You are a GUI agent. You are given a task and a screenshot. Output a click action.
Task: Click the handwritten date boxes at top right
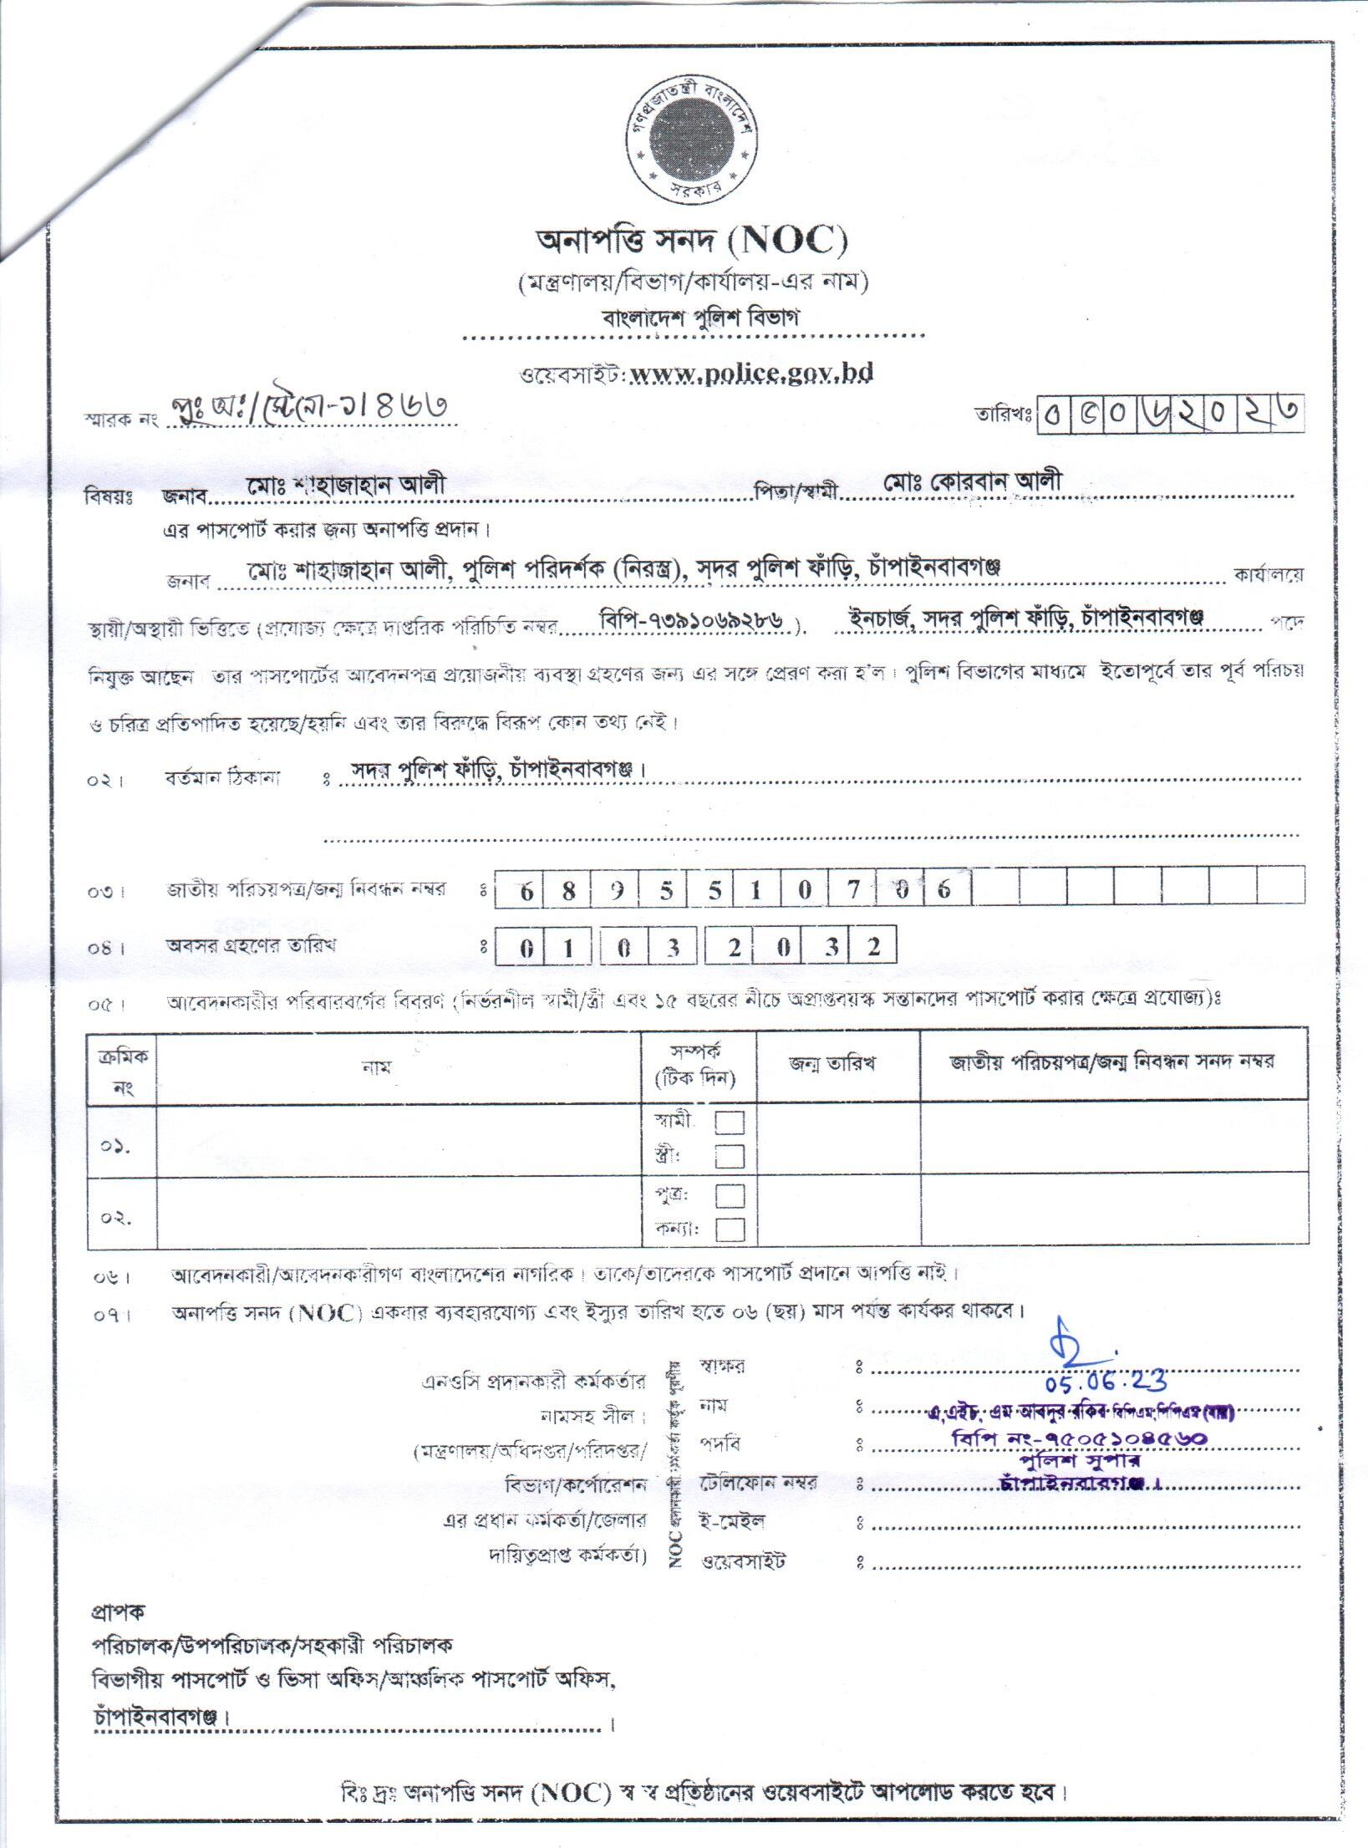pyautogui.click(x=1170, y=413)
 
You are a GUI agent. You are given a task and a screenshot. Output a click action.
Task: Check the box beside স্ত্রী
pyautogui.click(x=730, y=1156)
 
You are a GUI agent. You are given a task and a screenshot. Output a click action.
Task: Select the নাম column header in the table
pyautogui.click(x=378, y=1067)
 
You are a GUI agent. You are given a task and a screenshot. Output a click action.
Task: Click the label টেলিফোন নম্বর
pyautogui.click(x=760, y=1483)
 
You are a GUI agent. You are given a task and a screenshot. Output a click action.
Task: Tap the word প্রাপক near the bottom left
pyautogui.click(x=117, y=1608)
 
